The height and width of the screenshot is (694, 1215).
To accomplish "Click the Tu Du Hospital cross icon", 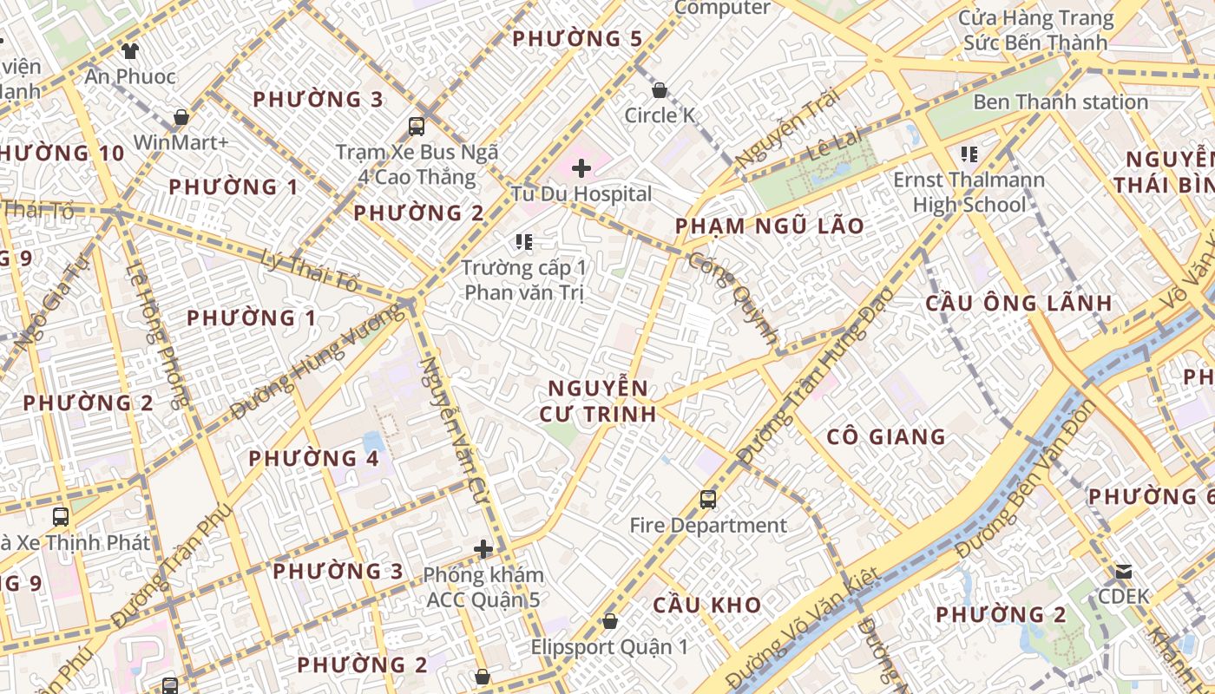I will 581,167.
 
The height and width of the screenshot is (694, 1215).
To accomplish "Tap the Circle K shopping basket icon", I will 660,90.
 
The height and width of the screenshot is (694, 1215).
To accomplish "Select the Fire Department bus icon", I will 708,500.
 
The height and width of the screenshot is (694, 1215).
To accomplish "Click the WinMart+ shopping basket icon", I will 181,116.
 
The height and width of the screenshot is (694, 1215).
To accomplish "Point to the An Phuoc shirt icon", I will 130,50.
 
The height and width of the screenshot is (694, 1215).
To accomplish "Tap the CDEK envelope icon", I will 1124,571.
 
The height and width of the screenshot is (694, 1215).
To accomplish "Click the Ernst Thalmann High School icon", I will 969,154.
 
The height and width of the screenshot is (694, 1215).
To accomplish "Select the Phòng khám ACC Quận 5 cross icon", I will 483,549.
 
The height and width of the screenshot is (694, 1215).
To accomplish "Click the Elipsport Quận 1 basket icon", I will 610,621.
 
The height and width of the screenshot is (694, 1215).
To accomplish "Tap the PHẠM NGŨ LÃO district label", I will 770,226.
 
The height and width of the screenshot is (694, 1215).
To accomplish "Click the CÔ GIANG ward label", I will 886,436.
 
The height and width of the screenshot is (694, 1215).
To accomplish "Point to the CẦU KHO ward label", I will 707,605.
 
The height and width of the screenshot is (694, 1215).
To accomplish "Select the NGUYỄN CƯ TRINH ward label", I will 597,401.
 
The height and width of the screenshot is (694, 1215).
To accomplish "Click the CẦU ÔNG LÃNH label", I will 1019,303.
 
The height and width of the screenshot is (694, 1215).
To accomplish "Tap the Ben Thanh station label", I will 1061,102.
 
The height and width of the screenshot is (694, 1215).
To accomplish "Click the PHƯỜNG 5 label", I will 577,39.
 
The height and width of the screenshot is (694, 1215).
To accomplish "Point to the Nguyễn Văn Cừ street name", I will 455,425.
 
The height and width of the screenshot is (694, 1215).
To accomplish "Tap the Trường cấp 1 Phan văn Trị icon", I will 523,242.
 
